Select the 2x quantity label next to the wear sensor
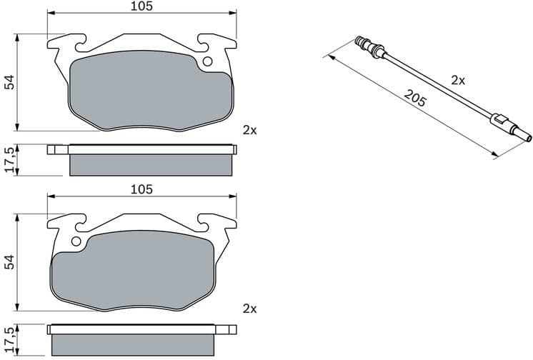coord(458,81)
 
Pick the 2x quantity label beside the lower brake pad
coord(249,309)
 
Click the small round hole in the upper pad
coord(208,61)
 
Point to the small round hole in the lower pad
coord(75,242)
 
